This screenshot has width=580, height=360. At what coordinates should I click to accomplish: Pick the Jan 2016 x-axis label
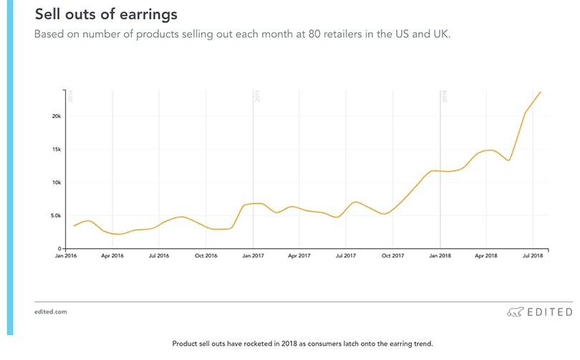point(66,256)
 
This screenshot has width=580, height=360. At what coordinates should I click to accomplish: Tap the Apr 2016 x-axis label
point(112,256)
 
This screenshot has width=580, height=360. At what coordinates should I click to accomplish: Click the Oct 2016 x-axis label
point(206,256)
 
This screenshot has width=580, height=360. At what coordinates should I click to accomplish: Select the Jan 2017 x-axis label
point(252,256)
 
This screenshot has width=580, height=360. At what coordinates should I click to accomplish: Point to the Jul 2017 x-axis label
point(346,256)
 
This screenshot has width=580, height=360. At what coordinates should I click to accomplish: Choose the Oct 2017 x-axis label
point(392,256)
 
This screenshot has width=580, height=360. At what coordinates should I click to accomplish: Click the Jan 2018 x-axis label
point(440,256)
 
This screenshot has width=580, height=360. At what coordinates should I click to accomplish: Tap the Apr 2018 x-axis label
point(486,256)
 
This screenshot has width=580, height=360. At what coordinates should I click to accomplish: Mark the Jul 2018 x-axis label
point(533,256)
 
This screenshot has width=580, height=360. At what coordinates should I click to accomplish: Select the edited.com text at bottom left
point(50,312)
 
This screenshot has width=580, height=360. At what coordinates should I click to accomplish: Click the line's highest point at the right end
point(541,92)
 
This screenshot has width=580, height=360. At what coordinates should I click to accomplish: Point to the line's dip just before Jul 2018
point(508,160)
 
